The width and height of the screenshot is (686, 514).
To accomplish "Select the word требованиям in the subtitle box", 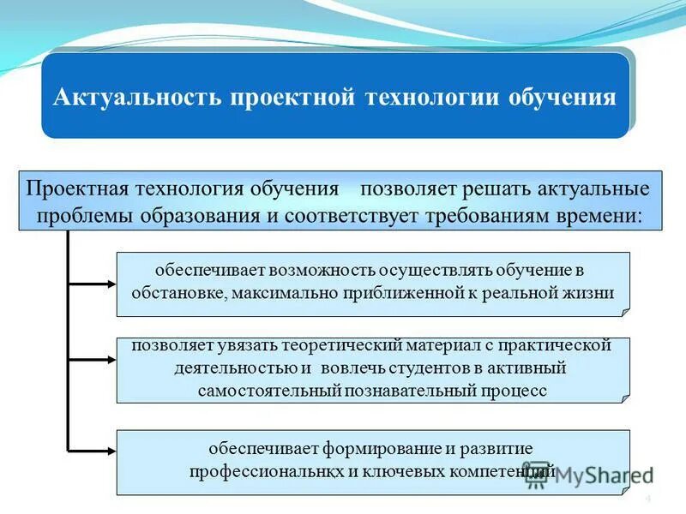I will tap(494, 214).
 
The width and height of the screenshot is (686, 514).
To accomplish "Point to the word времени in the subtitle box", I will tap(604, 214).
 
